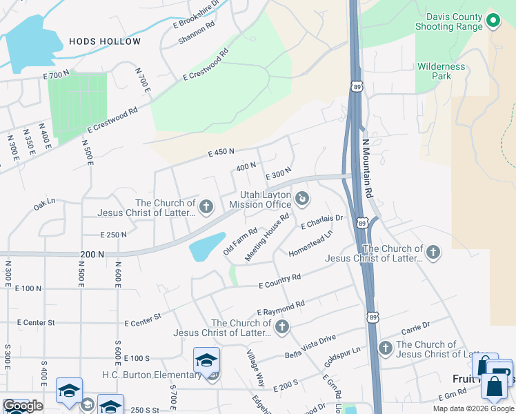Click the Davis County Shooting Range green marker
coord(493,21)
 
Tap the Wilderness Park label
coord(441,72)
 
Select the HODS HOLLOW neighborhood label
coord(105,42)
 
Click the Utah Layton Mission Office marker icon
coord(301,199)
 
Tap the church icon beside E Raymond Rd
coord(281,327)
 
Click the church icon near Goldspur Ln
coord(385,348)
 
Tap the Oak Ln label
coord(44,205)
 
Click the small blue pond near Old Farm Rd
coord(206,246)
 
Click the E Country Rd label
coord(279,281)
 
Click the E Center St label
coord(142,319)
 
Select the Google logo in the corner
coord(23,406)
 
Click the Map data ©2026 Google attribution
coord(473,408)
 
